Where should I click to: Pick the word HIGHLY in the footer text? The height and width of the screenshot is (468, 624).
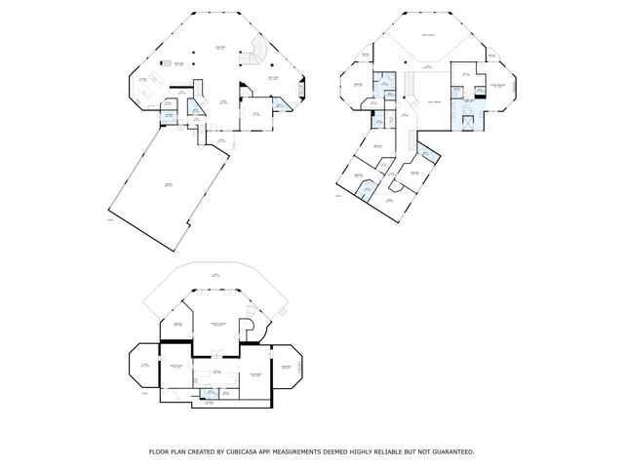(357, 451)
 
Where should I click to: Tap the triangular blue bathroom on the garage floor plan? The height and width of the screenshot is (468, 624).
(195, 108)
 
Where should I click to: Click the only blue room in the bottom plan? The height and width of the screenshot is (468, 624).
(208, 393)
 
